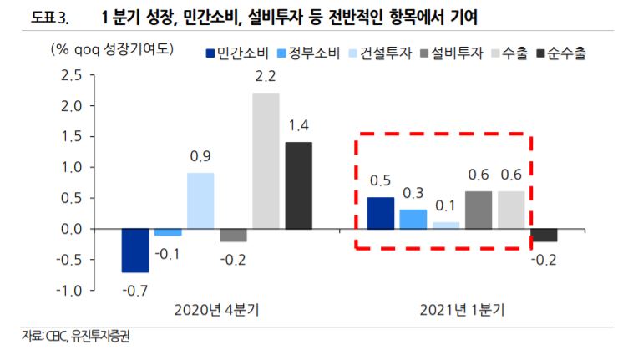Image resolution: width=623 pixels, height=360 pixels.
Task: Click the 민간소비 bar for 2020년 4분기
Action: (135, 250)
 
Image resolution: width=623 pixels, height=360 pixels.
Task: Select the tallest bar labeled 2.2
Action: (266, 160)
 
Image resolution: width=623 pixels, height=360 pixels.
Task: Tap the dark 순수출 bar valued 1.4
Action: (298, 185)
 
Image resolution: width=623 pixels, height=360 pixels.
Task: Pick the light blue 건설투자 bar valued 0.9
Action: (200, 200)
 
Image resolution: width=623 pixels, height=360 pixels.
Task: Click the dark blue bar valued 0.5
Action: (381, 213)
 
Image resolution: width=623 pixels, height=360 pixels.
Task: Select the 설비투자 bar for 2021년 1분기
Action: (479, 210)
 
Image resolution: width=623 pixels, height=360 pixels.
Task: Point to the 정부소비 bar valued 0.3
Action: (413, 219)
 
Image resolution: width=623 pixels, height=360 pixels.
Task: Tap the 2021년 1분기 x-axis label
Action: (463, 310)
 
